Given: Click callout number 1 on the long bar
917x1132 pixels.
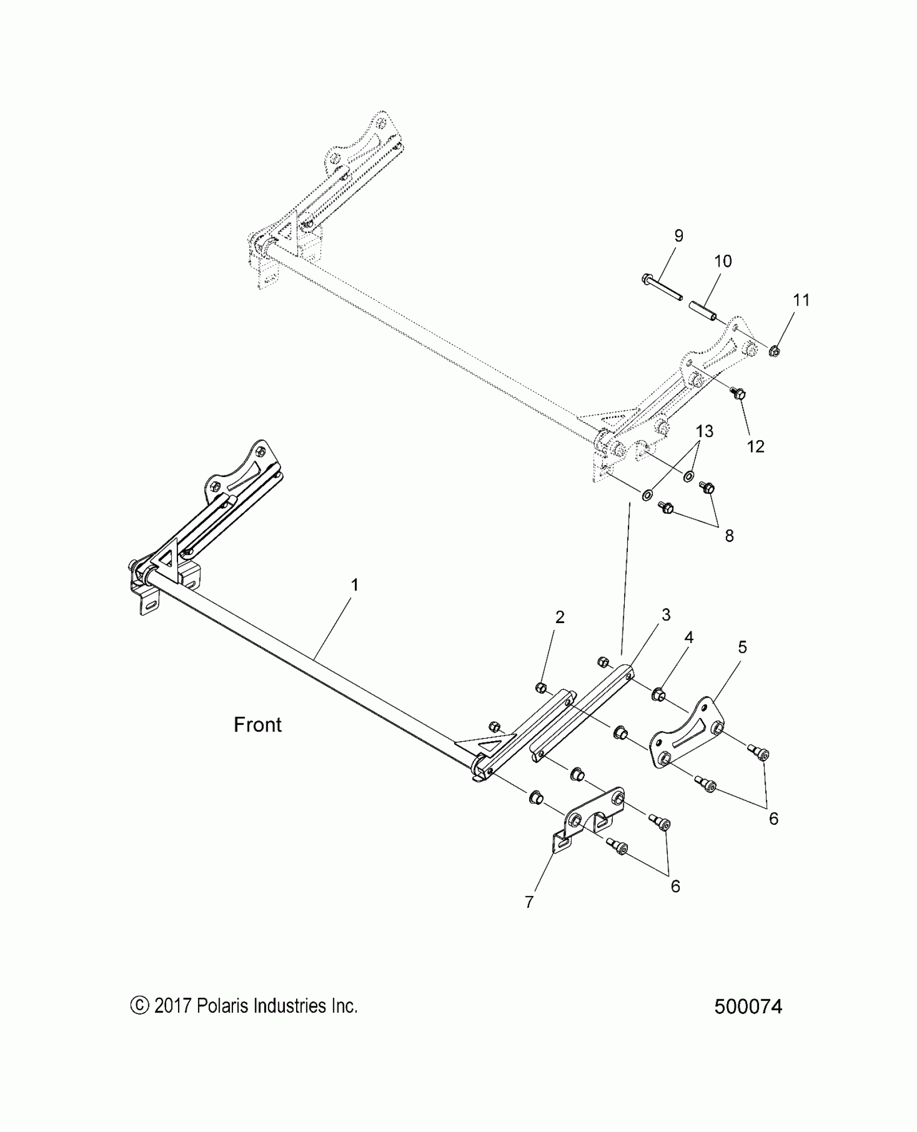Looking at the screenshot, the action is click(x=354, y=585).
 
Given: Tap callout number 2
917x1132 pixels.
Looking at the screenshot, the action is click(x=560, y=617).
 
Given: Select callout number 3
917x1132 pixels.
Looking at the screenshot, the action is click(x=666, y=615).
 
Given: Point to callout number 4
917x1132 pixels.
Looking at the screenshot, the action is click(x=688, y=638).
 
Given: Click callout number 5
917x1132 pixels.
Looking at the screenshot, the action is click(x=742, y=647).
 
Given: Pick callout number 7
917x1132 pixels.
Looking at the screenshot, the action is click(x=529, y=902).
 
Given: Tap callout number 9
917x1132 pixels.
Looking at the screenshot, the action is click(x=679, y=236).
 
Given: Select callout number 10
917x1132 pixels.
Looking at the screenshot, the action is click(x=723, y=261).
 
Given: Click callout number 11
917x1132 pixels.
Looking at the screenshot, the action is click(x=802, y=300).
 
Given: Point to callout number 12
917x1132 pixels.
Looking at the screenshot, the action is click(x=756, y=446).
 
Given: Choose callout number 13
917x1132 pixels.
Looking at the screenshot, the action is click(x=704, y=431).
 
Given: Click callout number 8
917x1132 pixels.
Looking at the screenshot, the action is click(x=729, y=536).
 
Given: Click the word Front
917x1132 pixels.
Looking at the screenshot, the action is click(x=257, y=725).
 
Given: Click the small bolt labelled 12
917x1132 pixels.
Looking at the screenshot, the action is click(x=738, y=394).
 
